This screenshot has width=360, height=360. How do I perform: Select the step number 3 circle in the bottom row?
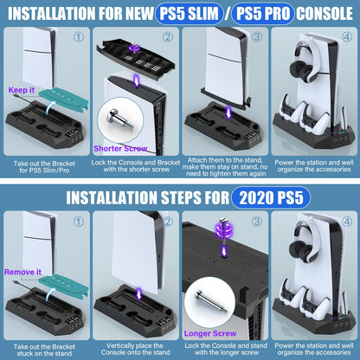point(256,223)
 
